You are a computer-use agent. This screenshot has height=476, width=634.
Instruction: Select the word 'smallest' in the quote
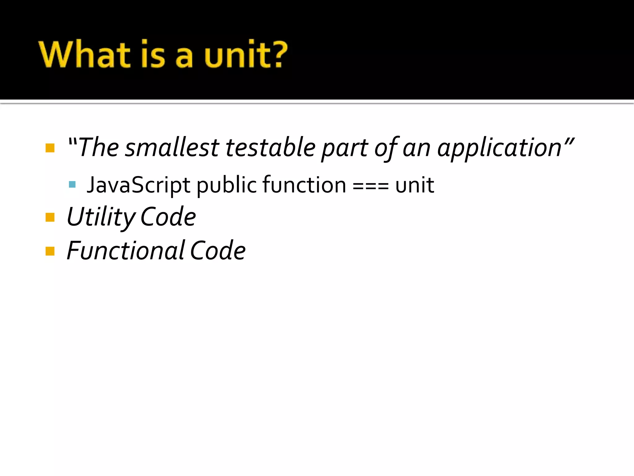172,148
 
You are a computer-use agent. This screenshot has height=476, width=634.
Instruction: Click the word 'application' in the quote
499,148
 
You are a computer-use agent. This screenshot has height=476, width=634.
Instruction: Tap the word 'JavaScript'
138,185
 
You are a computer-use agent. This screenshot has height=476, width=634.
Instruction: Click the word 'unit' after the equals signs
415,185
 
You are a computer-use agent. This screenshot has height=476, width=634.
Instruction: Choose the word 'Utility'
101,217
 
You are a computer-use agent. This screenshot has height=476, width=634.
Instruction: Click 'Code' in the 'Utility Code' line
168,217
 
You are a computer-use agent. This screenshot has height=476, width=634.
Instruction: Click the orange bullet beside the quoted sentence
50,148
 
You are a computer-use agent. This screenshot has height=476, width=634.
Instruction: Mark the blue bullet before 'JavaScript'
72,185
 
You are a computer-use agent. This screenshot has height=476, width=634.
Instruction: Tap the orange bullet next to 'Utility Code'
50,217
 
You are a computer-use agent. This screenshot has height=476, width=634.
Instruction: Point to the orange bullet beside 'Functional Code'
50,251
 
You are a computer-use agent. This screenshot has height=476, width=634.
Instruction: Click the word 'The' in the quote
99,148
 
